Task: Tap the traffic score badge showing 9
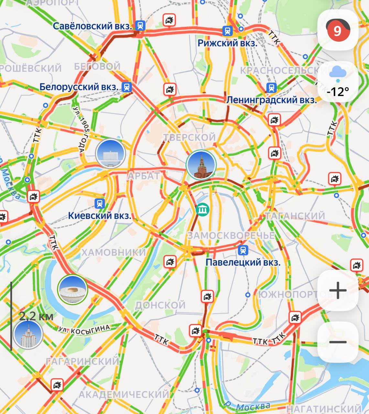coord(337,30)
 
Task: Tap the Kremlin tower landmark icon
coord(201,165)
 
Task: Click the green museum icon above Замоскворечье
coord(202,210)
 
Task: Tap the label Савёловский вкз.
coord(92,26)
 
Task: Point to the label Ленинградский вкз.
coord(271,100)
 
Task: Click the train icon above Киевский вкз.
coord(100,203)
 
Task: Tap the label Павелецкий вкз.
coord(243,262)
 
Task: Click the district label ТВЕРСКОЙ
coord(189,137)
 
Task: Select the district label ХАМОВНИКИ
coord(114,252)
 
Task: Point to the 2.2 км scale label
coord(36,316)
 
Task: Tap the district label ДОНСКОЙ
coord(160,305)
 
